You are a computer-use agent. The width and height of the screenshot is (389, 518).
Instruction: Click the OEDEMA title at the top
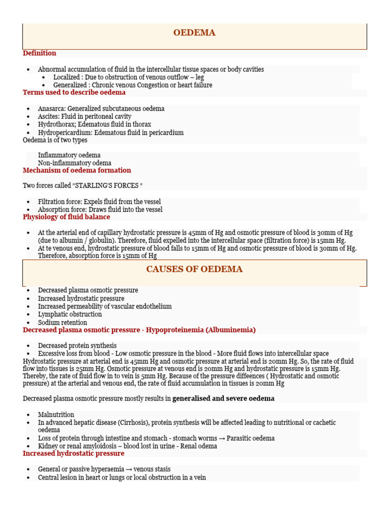(194, 33)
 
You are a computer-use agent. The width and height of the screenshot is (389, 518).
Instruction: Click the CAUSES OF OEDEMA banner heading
(194, 269)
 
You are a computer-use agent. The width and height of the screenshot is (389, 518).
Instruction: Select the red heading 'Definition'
(40, 53)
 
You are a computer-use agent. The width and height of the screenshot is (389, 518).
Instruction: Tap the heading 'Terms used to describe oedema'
(74, 93)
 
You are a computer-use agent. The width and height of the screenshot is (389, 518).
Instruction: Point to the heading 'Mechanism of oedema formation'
(77, 170)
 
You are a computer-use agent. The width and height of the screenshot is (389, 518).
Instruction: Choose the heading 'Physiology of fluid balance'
(66, 217)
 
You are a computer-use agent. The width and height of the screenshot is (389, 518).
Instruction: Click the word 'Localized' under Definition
(66, 77)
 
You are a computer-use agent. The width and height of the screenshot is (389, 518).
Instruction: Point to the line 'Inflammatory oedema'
(69, 155)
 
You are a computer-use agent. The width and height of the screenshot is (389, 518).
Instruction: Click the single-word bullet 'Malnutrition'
(56, 414)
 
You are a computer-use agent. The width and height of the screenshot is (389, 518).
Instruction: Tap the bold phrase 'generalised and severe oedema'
(223, 399)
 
